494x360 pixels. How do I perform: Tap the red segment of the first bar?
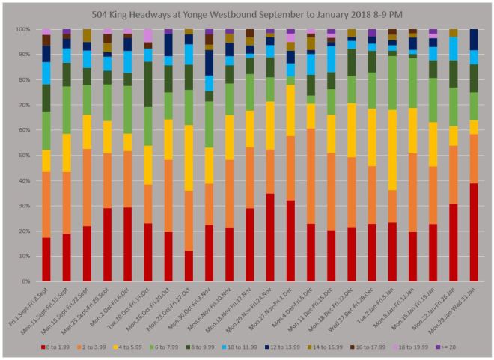tap(46, 260)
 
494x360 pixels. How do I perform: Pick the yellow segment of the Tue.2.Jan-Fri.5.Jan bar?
tap(391, 150)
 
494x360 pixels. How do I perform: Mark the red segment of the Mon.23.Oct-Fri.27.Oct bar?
tap(189, 266)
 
